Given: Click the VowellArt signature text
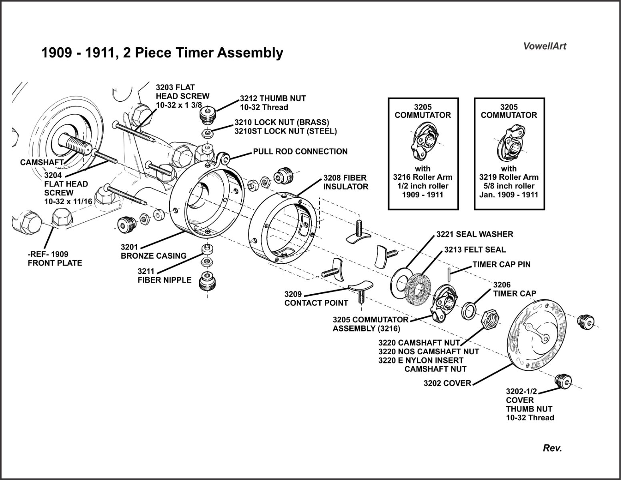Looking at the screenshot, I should (x=545, y=46).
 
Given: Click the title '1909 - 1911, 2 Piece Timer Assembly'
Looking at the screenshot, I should (x=162, y=53).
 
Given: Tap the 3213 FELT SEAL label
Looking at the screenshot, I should (x=475, y=250).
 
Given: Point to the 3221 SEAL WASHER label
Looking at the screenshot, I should (x=475, y=234).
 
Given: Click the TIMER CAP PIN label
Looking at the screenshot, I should (x=501, y=265).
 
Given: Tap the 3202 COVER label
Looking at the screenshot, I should (x=447, y=383).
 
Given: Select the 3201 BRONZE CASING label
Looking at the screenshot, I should (x=154, y=251).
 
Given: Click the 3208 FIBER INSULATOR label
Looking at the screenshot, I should (x=346, y=182).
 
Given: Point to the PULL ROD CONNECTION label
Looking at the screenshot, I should (x=300, y=151).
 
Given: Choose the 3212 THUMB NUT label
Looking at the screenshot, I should (x=272, y=102).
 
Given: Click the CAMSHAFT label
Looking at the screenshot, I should (x=42, y=162).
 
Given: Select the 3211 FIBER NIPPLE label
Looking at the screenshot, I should (x=164, y=275).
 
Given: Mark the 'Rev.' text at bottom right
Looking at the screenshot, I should (x=552, y=448).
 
